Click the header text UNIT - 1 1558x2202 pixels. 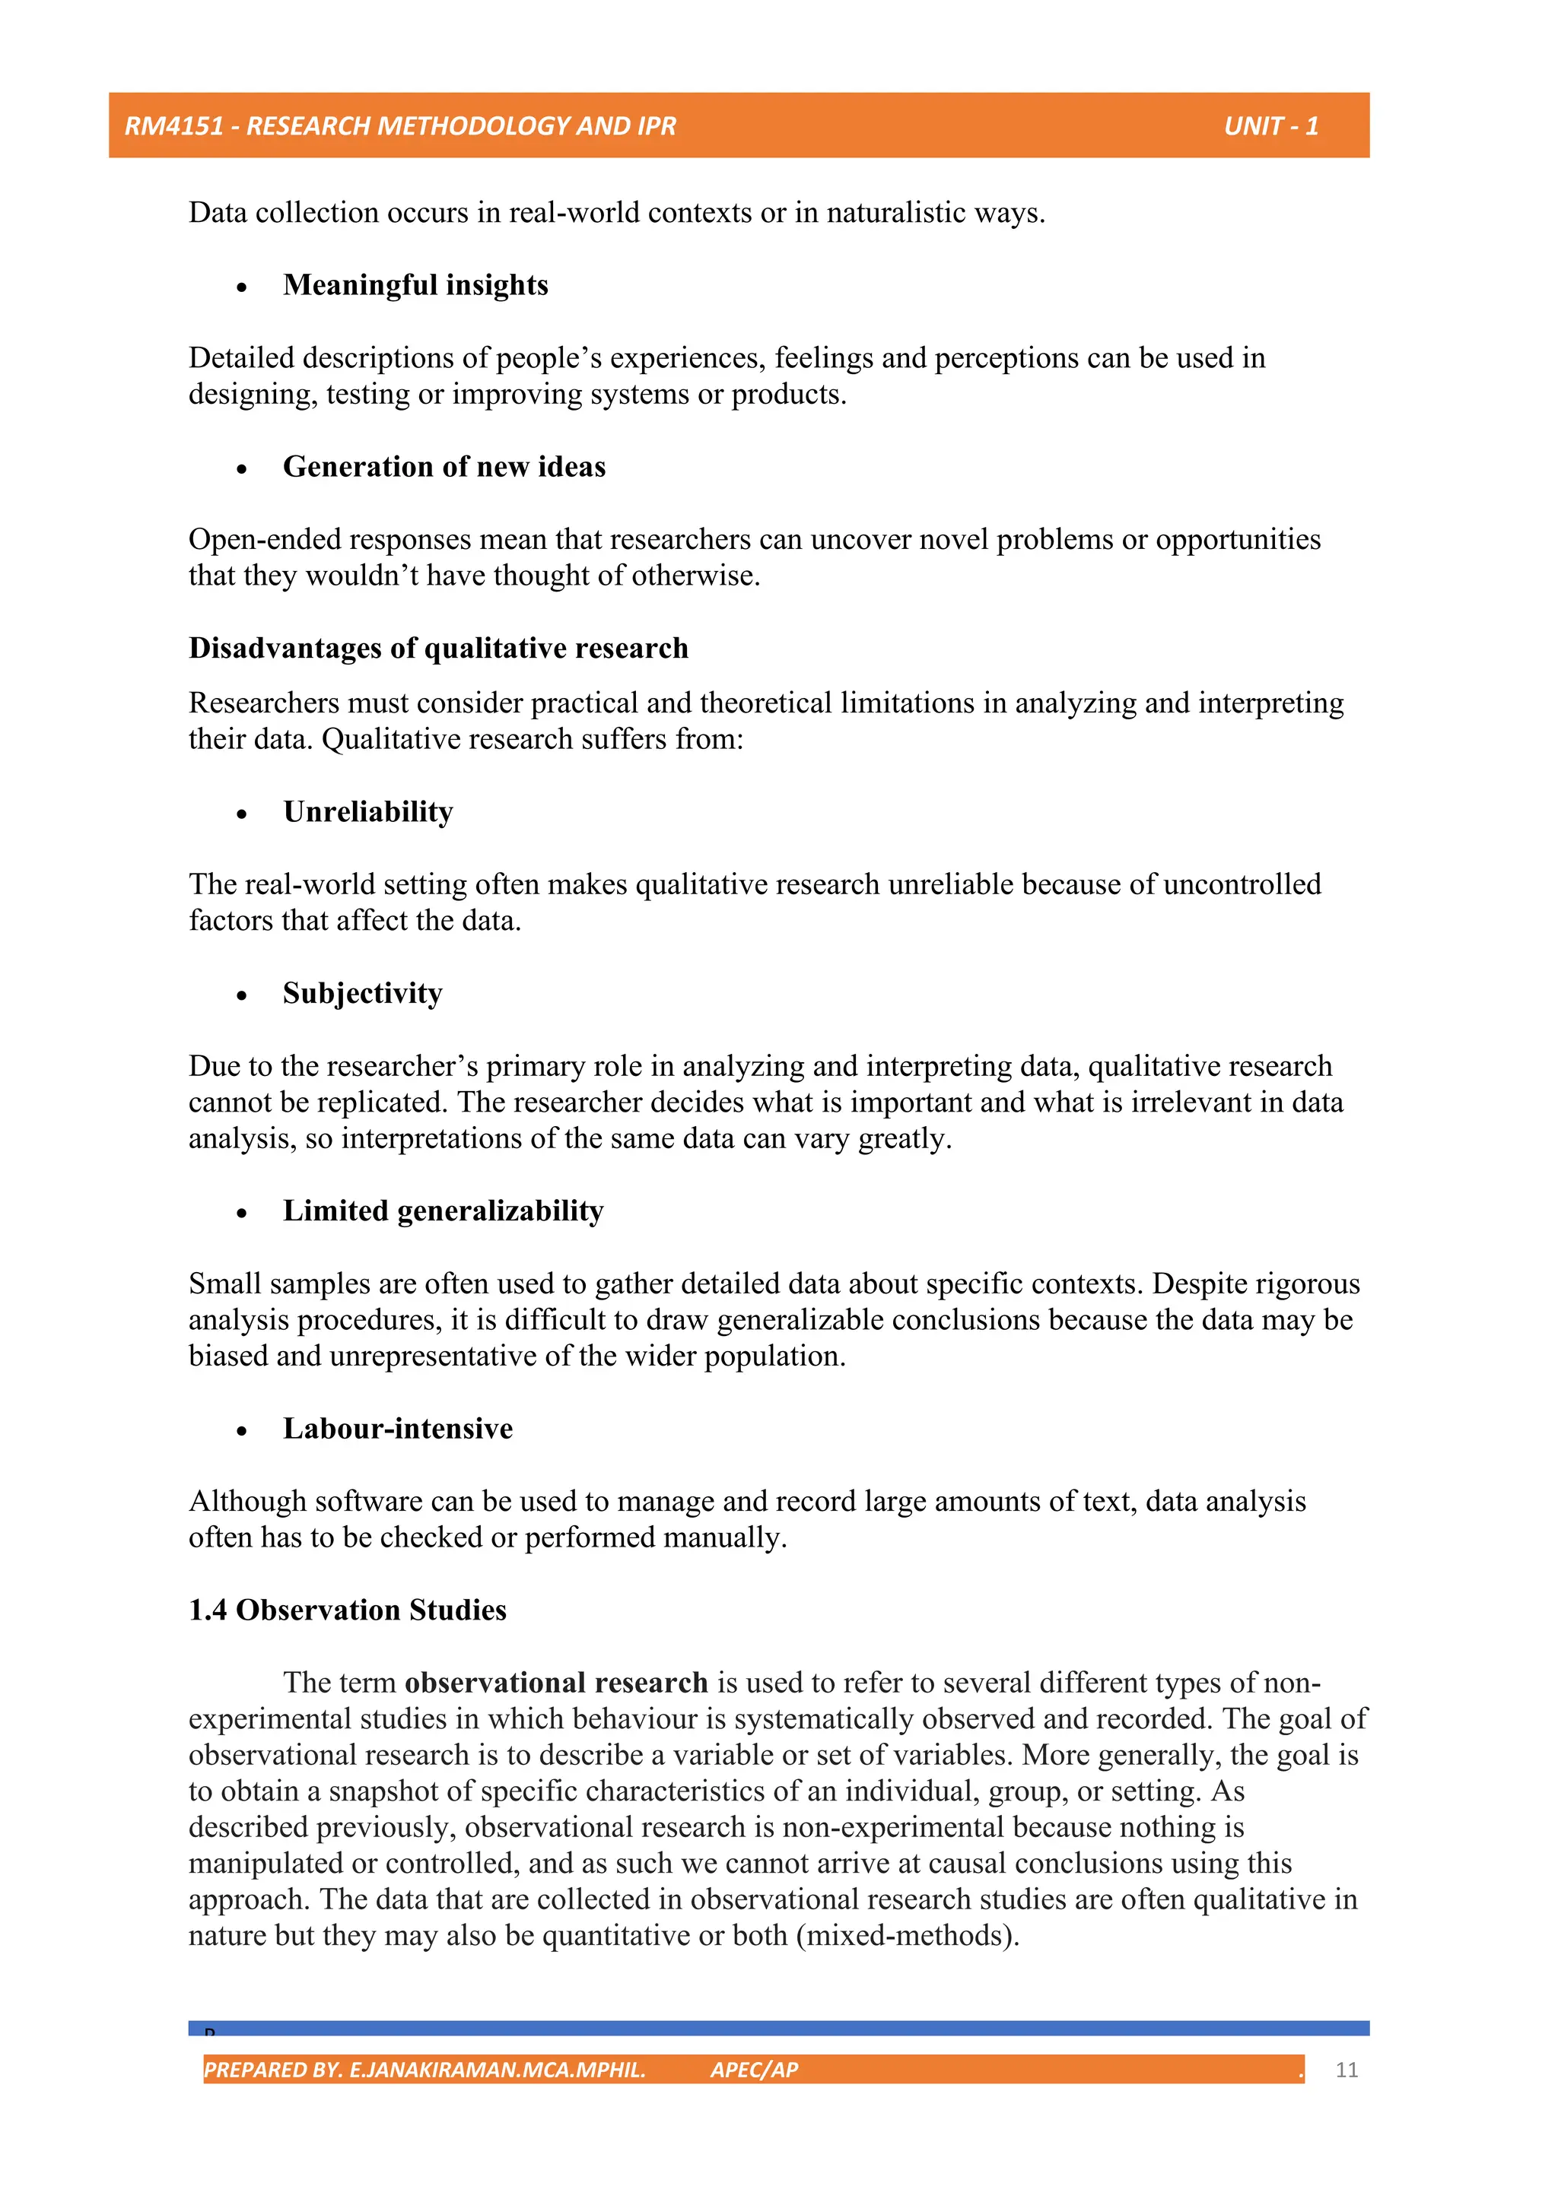click(1270, 125)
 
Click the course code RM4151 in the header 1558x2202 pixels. click(173, 125)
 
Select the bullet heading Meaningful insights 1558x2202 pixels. click(415, 285)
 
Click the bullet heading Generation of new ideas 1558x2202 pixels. click(444, 467)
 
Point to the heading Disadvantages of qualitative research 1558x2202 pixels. click(438, 649)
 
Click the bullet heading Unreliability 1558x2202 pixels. click(367, 811)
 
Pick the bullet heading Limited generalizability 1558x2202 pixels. click(444, 1210)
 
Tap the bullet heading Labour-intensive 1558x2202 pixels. click(397, 1428)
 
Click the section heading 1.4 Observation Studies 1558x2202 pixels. click(348, 1610)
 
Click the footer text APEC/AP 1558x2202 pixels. click(754, 2070)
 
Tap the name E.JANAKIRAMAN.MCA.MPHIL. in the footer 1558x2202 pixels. click(497, 2070)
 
